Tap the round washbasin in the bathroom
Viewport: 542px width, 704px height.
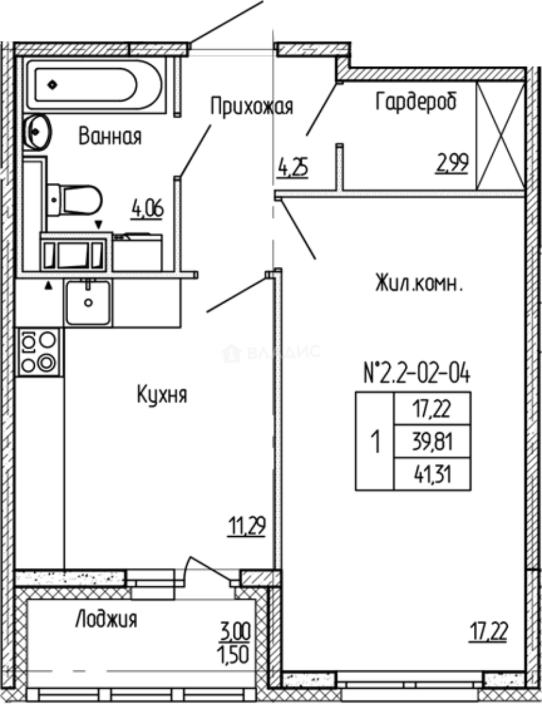click(x=37, y=133)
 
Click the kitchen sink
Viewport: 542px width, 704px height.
click(x=88, y=302)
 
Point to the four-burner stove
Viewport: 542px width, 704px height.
click(x=39, y=352)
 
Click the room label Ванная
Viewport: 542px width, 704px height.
click(x=110, y=137)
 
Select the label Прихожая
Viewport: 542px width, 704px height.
click(x=251, y=106)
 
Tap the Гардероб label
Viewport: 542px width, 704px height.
click(x=416, y=101)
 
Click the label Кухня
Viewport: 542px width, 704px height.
click(x=162, y=394)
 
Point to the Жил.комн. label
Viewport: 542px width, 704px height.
click(x=419, y=284)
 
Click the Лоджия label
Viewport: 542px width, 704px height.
click(x=106, y=619)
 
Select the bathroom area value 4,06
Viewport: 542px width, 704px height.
click(x=147, y=209)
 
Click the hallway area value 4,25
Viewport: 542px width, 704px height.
click(x=292, y=168)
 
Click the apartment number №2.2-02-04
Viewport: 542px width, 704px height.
click(x=416, y=374)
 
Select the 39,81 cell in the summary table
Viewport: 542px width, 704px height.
click(x=432, y=444)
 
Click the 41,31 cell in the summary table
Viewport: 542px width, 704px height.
click(x=432, y=475)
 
